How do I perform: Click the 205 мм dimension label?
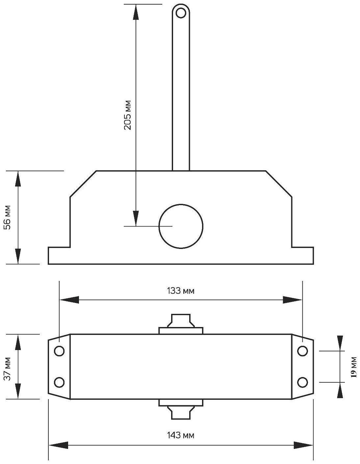click(128, 115)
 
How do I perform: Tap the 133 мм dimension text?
click(181, 291)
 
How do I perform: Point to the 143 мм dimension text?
click(181, 435)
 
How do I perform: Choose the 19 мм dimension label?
click(354, 367)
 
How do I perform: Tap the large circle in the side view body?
click(181, 226)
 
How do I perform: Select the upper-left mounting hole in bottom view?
click(59, 351)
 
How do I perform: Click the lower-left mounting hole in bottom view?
click(59, 382)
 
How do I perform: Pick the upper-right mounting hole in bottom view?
click(302, 351)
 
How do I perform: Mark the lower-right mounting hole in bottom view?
click(302, 382)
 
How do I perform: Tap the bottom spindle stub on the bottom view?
click(181, 412)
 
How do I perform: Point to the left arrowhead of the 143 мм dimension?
click(58, 445)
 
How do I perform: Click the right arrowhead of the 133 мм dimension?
click(292, 300)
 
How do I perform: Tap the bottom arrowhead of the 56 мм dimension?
click(18, 256)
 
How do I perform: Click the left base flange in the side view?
click(59, 256)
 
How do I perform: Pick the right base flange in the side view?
click(302, 256)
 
